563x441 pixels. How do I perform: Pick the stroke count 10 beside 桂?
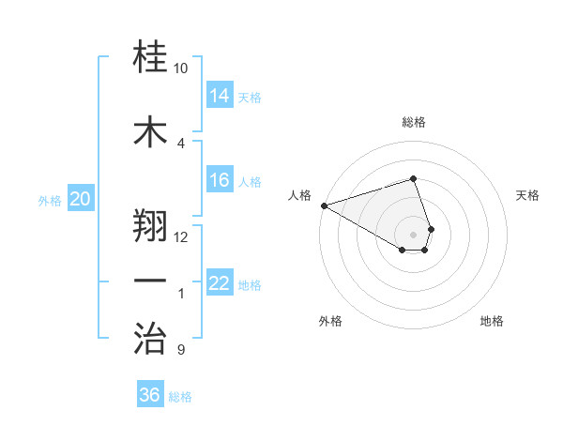click(181, 68)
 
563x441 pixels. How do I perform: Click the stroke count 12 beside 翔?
click(181, 236)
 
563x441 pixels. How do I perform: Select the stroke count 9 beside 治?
click(181, 350)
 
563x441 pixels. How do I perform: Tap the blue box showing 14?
click(220, 96)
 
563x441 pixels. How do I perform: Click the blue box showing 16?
click(220, 181)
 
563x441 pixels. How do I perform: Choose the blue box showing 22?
click(220, 283)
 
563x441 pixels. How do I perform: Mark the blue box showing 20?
click(81, 199)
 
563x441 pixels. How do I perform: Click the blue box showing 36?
click(150, 395)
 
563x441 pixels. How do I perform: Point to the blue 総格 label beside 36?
click(180, 397)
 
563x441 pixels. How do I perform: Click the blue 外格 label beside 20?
click(50, 200)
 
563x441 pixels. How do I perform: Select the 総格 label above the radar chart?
click(413, 122)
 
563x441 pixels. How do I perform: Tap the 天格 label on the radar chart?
click(527, 195)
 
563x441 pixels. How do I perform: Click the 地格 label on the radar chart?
click(492, 321)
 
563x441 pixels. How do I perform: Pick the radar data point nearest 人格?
click(323, 205)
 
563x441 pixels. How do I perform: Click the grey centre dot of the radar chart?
click(413, 234)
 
